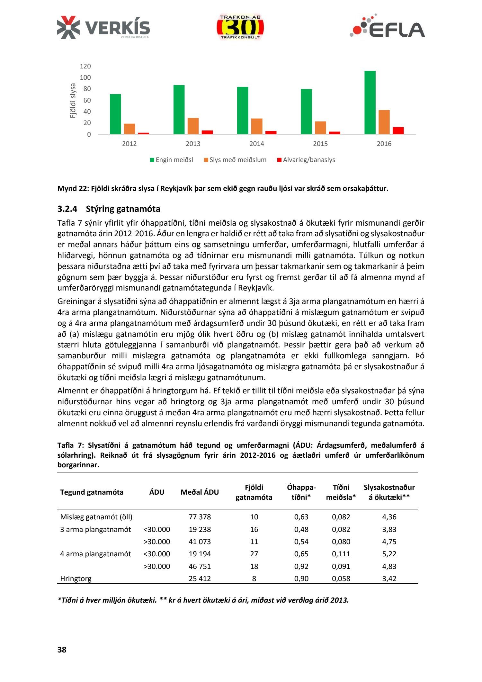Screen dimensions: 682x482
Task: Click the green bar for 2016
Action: [370, 103]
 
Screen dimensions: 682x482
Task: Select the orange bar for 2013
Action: [193, 126]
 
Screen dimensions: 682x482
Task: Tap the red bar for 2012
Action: [143, 133]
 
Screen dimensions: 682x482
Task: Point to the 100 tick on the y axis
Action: [85, 77]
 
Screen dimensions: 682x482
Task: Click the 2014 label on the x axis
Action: [256, 144]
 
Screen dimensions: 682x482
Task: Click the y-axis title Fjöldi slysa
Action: [73, 101]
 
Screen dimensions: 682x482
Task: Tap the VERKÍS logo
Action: [103, 28]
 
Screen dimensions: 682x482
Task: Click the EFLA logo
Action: [387, 27]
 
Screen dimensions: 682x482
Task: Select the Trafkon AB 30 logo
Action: [240, 27]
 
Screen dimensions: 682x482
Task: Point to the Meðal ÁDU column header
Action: [200, 492]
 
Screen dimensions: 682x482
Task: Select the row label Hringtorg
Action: [76, 579]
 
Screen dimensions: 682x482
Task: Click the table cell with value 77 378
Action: [200, 517]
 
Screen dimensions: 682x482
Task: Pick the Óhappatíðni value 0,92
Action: [301, 566]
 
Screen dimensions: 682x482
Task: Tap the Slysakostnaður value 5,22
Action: [389, 554]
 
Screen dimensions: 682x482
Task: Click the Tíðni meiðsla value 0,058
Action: [341, 579]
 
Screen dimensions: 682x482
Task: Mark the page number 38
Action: [62, 650]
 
